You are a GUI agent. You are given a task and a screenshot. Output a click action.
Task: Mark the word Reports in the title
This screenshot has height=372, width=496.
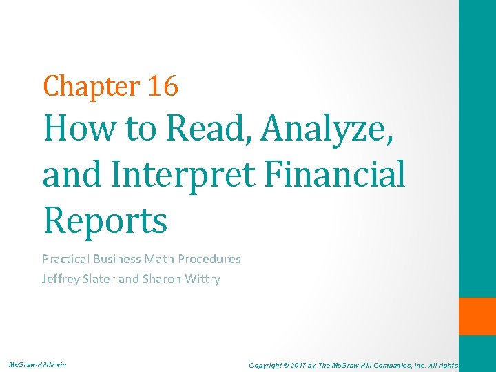coord(105,220)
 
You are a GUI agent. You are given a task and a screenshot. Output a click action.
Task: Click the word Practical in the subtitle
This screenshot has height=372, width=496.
coord(65,259)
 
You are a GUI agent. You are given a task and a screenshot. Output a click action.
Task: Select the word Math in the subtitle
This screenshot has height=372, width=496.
coord(160,259)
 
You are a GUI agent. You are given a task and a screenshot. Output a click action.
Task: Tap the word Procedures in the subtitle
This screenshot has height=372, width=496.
coord(209,259)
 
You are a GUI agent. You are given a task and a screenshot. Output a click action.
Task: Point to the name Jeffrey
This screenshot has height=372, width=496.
coord(63,279)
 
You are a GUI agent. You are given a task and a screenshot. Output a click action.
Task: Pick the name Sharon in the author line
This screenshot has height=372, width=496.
coord(163,279)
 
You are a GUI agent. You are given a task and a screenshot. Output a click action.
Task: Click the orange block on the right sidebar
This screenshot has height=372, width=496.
coord(477,316)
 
